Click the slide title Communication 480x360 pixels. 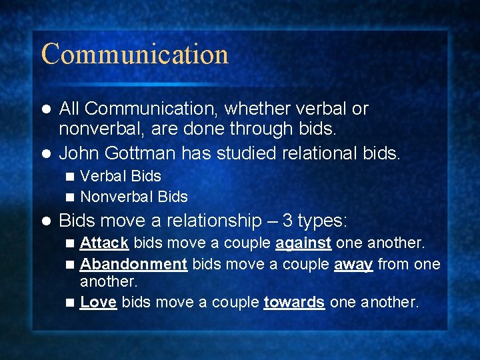[x=135, y=54]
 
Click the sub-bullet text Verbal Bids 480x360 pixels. [x=121, y=176]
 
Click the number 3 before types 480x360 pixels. [x=287, y=221]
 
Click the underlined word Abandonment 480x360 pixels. [x=133, y=264]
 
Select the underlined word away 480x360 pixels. [x=353, y=265]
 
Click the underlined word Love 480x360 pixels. [x=98, y=302]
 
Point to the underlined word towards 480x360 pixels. [x=294, y=302]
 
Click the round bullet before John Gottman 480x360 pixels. [x=45, y=154]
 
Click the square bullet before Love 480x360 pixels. [x=71, y=303]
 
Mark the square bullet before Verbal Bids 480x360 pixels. [x=71, y=177]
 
